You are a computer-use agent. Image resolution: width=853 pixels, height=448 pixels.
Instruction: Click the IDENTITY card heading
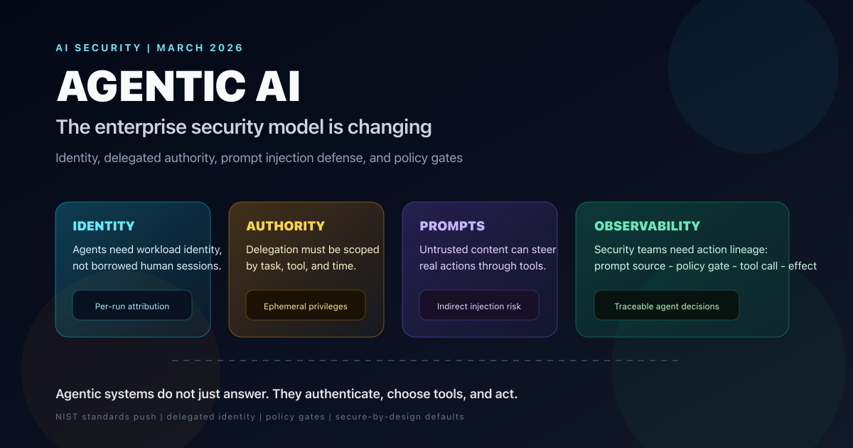104,226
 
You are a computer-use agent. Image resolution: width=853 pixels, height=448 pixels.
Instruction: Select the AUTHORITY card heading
285,226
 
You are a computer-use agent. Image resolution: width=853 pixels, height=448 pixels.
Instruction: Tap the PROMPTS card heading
452,226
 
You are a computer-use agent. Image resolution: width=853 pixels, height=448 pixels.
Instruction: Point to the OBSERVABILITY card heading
647,226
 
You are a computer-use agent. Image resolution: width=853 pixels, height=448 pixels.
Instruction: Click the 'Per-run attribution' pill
132,306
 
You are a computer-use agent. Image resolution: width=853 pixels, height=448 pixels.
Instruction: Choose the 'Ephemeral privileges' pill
306,306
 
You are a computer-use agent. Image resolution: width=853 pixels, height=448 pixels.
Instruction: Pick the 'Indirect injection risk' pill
479,306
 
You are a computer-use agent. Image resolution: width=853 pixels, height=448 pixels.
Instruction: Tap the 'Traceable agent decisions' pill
667,306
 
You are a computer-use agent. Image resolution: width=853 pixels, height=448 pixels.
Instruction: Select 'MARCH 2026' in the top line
200,48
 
